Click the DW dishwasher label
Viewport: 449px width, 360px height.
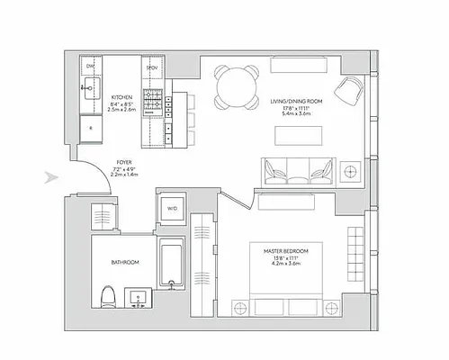90,67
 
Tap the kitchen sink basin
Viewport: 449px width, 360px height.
90,88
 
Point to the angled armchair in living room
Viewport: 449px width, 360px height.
349,88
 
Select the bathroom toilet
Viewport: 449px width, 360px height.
108,294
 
